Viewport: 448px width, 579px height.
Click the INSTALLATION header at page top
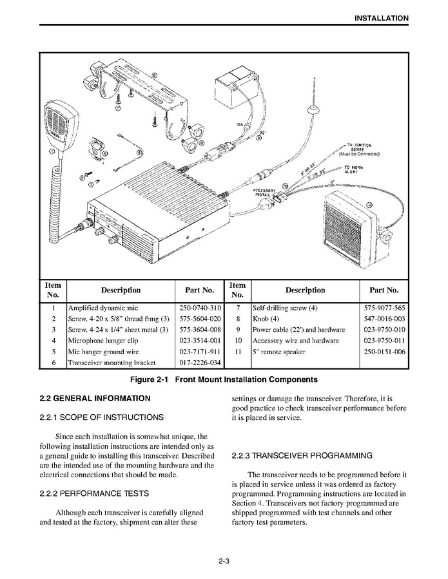[x=381, y=18]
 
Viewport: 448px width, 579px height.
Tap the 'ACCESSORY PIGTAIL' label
[x=266, y=193]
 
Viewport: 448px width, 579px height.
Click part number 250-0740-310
[x=200, y=308]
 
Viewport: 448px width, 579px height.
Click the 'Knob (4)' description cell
[x=266, y=319]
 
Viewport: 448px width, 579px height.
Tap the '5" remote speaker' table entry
[x=278, y=352]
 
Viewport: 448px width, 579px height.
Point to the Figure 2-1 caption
[x=224, y=379]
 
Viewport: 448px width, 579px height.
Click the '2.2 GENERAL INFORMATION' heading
[x=95, y=399]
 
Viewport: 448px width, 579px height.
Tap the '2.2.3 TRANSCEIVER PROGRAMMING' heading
[x=302, y=455]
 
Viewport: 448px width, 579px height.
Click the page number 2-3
[x=224, y=561]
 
